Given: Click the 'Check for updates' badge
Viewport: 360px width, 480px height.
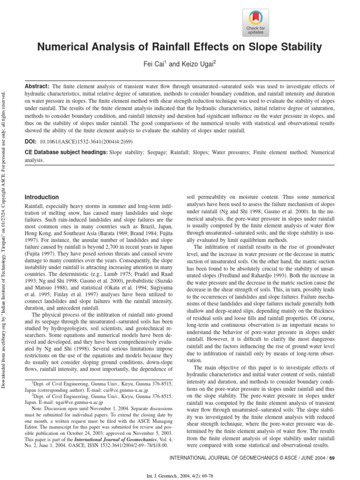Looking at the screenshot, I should click(255, 22).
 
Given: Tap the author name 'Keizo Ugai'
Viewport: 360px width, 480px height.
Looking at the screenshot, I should click(198, 64).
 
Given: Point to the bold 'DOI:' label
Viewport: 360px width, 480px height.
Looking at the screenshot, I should click(31, 141).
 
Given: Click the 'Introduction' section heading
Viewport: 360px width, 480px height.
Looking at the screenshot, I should click(42, 197).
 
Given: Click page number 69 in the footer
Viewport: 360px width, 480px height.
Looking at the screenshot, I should click(331, 457).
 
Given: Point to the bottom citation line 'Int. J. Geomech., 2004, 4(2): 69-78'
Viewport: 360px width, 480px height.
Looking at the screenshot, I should click(180, 474).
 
